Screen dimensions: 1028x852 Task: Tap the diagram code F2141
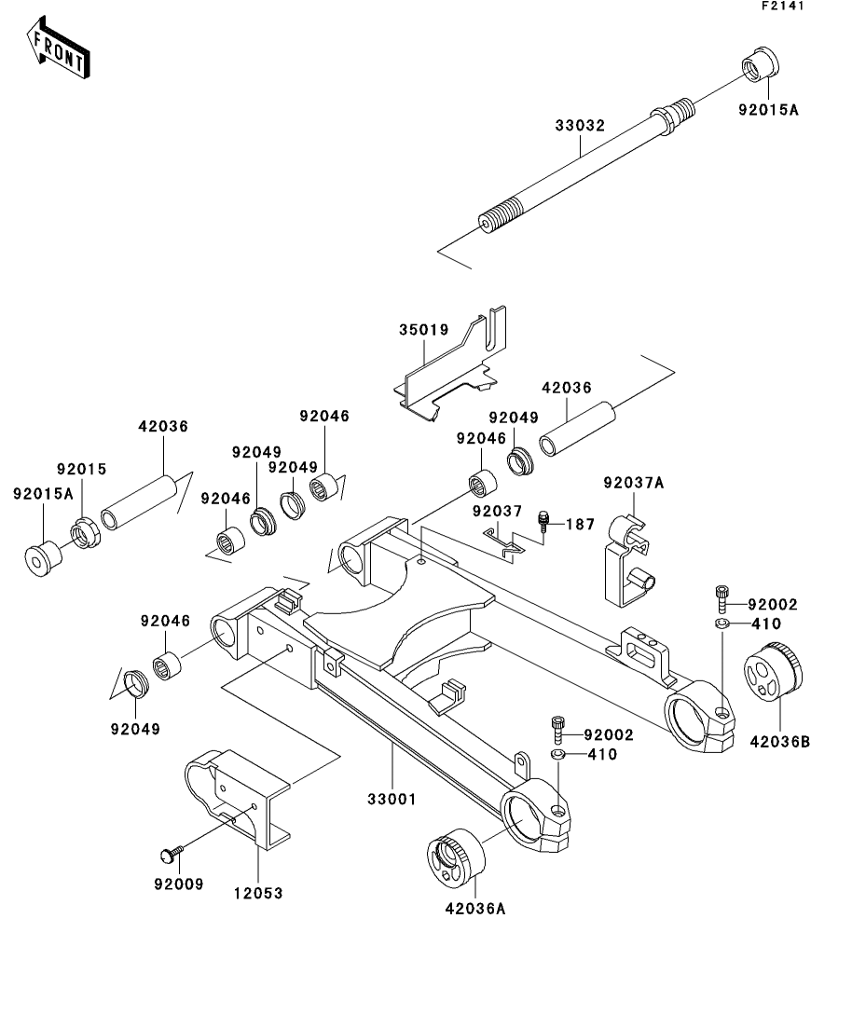[781, 6]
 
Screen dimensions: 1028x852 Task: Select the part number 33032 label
[579, 124]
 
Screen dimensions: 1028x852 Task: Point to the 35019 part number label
[424, 330]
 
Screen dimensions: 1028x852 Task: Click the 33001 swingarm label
[391, 799]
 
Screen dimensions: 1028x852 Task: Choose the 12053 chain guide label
[257, 892]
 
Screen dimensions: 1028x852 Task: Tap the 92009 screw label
[179, 883]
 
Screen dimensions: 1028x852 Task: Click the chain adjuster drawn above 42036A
[456, 854]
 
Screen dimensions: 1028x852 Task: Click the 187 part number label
[580, 526]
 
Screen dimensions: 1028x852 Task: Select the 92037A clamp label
[634, 483]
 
